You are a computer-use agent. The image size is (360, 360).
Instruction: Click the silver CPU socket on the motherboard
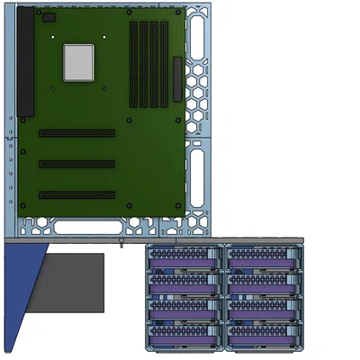pyautogui.click(x=78, y=63)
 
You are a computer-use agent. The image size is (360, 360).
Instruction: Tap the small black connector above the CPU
pyautogui.click(x=49, y=18)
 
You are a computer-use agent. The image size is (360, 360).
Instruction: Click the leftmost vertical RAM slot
pyautogui.click(x=133, y=60)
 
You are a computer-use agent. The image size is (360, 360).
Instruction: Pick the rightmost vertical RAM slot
pyautogui.click(x=163, y=60)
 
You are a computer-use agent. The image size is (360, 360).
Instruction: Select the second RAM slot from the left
pyautogui.click(x=143, y=60)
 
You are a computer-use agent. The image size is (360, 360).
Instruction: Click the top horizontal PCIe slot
pyautogui.click(x=76, y=133)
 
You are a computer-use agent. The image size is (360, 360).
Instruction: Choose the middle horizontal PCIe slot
pyautogui.click(x=76, y=164)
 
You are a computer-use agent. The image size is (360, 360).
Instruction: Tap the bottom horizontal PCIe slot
pyautogui.click(x=76, y=194)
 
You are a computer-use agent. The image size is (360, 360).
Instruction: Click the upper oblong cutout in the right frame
pyautogui.click(x=197, y=39)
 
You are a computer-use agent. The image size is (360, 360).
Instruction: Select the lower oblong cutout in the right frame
pyautogui.click(x=197, y=176)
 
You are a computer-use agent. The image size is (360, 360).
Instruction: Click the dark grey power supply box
pyautogui.click(x=70, y=282)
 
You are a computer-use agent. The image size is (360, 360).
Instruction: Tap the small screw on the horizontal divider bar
pyautogui.click(x=121, y=240)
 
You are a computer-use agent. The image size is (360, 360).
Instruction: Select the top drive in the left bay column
pyautogui.click(x=184, y=259)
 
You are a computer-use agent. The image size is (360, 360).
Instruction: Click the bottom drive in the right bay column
pyautogui.click(x=262, y=335)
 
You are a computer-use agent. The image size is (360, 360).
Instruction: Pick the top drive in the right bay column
pyautogui.click(x=262, y=259)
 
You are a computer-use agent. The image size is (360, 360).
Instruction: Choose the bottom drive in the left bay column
pyautogui.click(x=184, y=335)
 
